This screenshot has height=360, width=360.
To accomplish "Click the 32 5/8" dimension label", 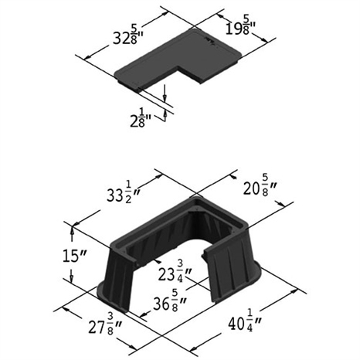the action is [x=128, y=36].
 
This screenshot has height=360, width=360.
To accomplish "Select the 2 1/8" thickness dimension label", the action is [x=141, y=118].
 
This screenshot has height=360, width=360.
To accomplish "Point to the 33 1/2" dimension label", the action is [x=123, y=195].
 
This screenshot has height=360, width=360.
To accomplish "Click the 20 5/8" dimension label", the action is [x=260, y=188].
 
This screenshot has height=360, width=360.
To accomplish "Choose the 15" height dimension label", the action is [x=74, y=256].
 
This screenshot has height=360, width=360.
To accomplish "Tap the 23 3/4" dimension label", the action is [x=175, y=272].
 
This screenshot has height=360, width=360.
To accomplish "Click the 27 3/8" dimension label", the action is [x=105, y=326].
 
